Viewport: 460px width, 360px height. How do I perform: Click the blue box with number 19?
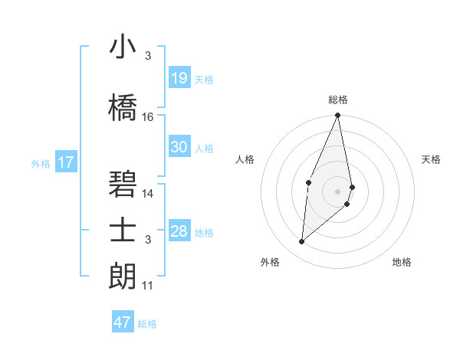coord(179,78)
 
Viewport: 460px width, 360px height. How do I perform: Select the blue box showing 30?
coord(179,147)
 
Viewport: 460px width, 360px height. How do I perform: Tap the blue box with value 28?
coord(179,231)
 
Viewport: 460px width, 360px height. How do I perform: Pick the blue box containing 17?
coord(65,162)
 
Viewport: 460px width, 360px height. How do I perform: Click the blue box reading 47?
coord(123,322)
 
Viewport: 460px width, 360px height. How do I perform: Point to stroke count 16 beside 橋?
coord(148,116)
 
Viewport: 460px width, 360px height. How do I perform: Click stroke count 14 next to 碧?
coord(148,194)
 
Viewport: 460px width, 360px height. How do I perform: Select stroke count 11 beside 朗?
coord(148,286)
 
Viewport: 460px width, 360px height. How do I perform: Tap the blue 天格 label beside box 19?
coord(204,80)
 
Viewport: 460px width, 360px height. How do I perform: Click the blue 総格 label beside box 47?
coord(147,324)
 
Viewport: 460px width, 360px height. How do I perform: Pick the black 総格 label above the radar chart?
coord(337,100)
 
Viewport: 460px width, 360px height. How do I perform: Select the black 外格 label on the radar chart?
coord(269,262)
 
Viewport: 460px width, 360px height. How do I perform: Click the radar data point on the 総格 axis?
coord(337,116)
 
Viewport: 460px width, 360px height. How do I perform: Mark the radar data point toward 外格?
coord(302,242)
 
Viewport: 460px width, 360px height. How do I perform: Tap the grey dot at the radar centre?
coord(337,191)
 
